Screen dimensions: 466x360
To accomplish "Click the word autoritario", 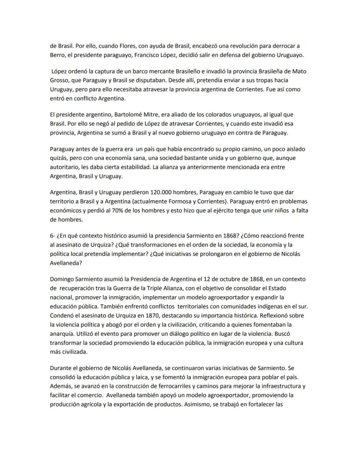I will point(66,167).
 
